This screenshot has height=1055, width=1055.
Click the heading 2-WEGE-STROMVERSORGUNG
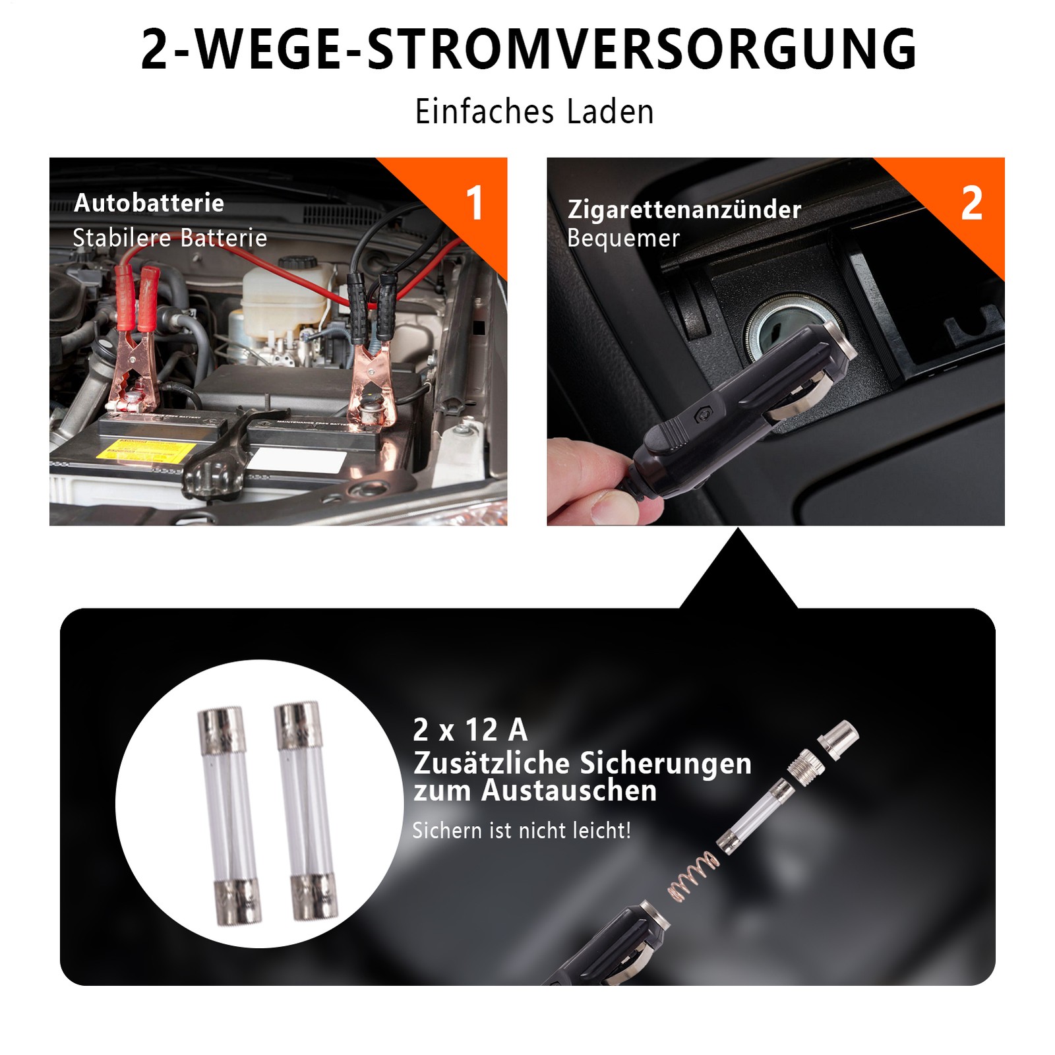(528, 49)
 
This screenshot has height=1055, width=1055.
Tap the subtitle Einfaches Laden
(534, 111)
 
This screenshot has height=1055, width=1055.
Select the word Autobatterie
(149, 203)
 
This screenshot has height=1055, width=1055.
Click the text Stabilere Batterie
(170, 237)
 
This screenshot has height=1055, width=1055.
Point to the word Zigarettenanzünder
(684, 210)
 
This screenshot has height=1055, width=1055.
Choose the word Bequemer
(623, 238)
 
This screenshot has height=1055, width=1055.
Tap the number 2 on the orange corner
(972, 203)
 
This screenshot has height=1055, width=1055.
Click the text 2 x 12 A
(470, 730)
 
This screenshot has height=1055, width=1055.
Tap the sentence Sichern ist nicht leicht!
(522, 830)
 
